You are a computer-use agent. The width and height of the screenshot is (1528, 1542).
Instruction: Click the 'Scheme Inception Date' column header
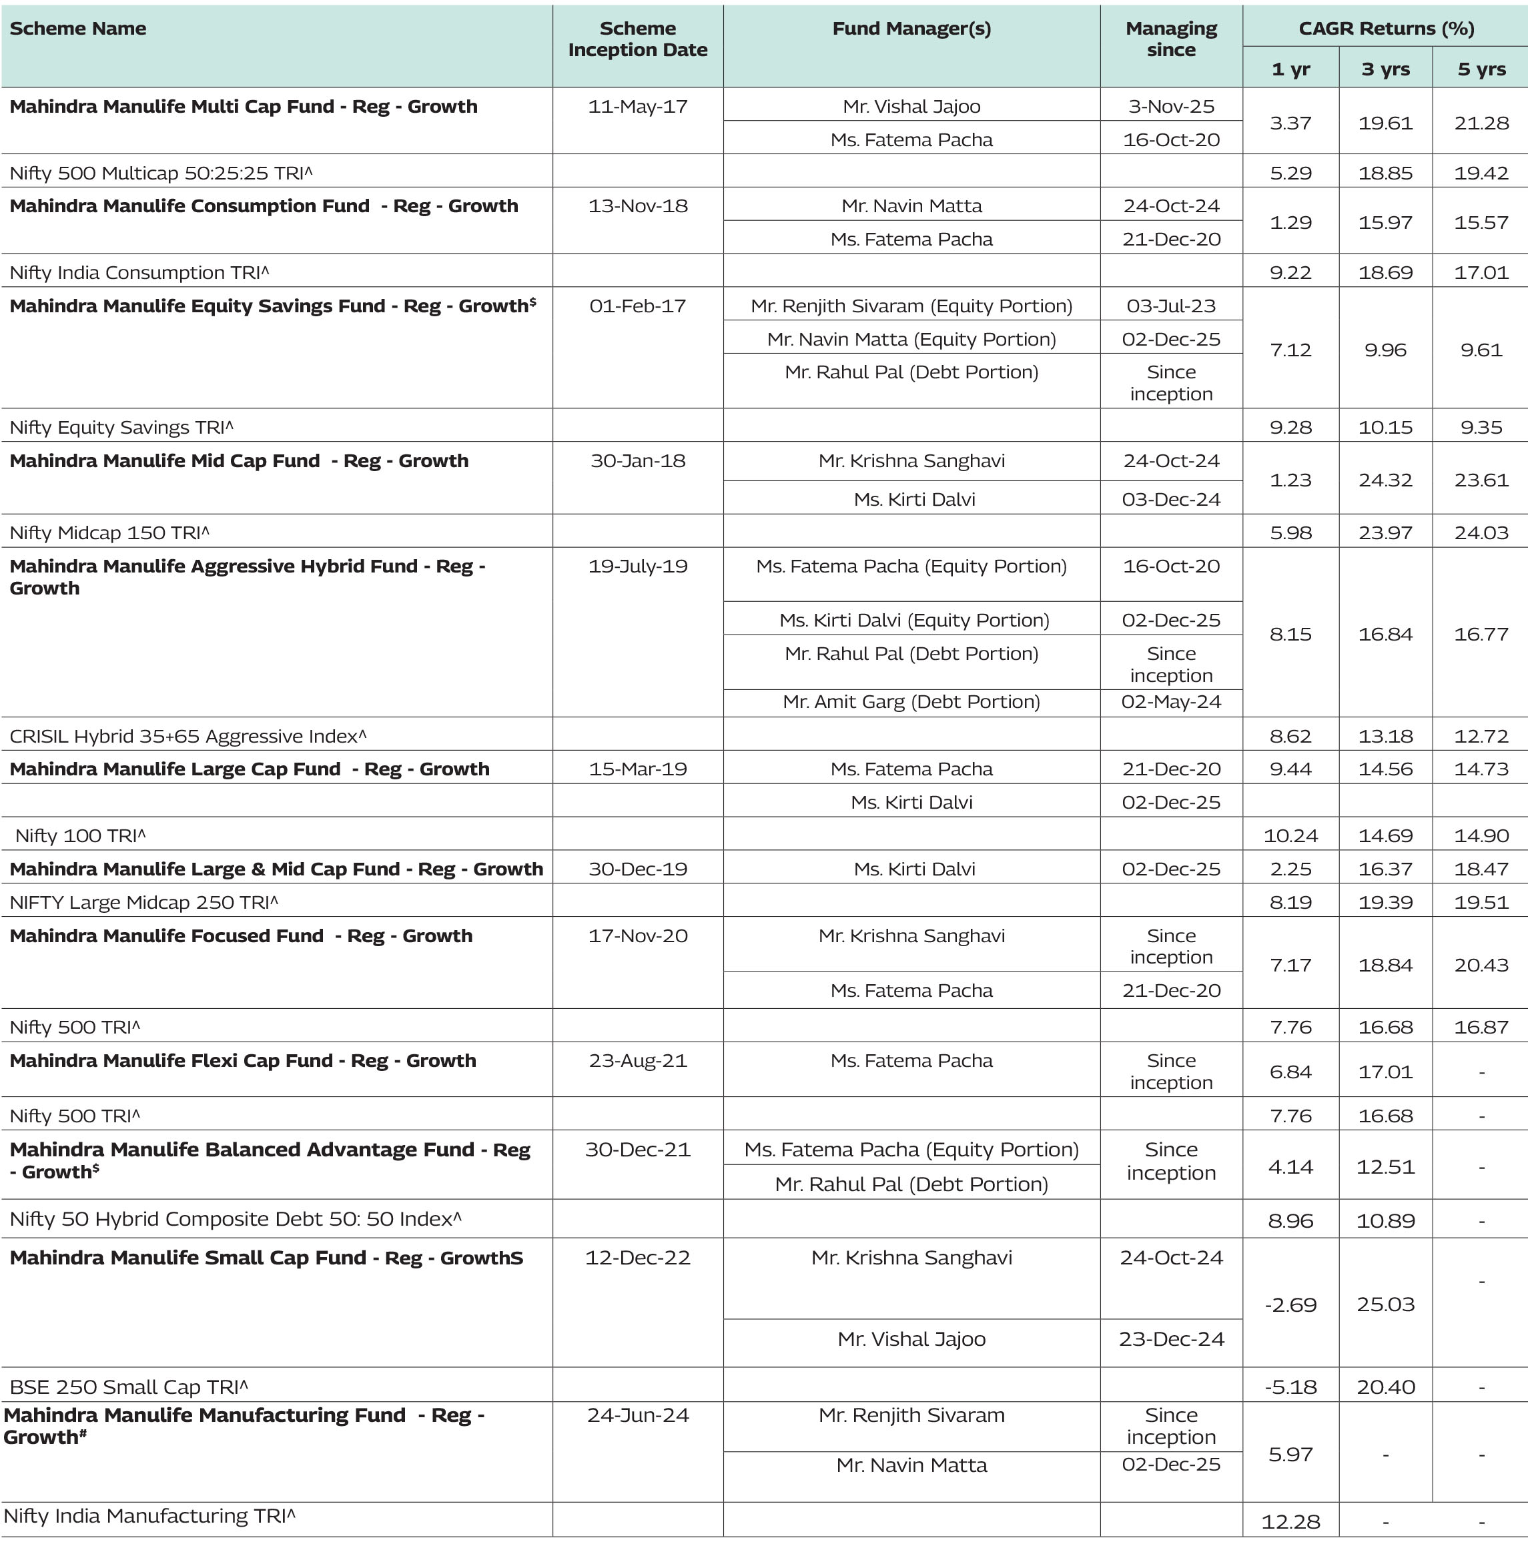point(637,39)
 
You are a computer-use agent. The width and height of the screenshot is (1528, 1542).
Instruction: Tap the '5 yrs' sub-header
point(1481,69)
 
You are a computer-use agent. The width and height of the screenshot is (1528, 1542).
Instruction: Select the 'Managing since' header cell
point(1170,39)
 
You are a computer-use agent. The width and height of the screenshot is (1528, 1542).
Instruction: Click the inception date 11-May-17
point(637,107)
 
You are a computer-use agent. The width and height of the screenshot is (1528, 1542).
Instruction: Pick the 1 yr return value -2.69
point(1290,1305)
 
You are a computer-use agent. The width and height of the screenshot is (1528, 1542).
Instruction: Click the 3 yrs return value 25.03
point(1385,1304)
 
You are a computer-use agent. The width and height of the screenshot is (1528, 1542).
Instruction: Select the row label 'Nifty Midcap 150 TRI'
point(109,532)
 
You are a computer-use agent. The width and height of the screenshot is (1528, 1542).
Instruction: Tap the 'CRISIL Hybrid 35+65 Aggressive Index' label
point(187,736)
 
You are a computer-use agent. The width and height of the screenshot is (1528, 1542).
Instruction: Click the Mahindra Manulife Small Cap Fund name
point(266,1258)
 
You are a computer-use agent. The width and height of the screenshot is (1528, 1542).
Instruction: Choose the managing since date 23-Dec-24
point(1170,1338)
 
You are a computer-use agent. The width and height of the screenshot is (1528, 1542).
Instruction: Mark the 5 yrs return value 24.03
point(1481,532)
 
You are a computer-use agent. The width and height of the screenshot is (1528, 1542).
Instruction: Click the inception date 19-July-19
point(637,566)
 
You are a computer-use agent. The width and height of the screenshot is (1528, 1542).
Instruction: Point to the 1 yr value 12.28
point(1290,1521)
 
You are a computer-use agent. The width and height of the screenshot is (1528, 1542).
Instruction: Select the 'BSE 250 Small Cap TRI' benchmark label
point(129,1387)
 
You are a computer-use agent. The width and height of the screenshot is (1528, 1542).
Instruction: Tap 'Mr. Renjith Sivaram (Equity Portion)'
point(911,306)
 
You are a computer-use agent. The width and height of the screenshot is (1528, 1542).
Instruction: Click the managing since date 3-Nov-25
point(1170,107)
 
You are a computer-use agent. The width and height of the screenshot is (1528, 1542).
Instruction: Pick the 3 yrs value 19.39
point(1385,902)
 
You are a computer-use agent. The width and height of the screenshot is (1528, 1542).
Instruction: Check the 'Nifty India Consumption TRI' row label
point(139,273)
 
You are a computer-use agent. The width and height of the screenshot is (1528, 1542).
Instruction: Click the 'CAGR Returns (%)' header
point(1385,29)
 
